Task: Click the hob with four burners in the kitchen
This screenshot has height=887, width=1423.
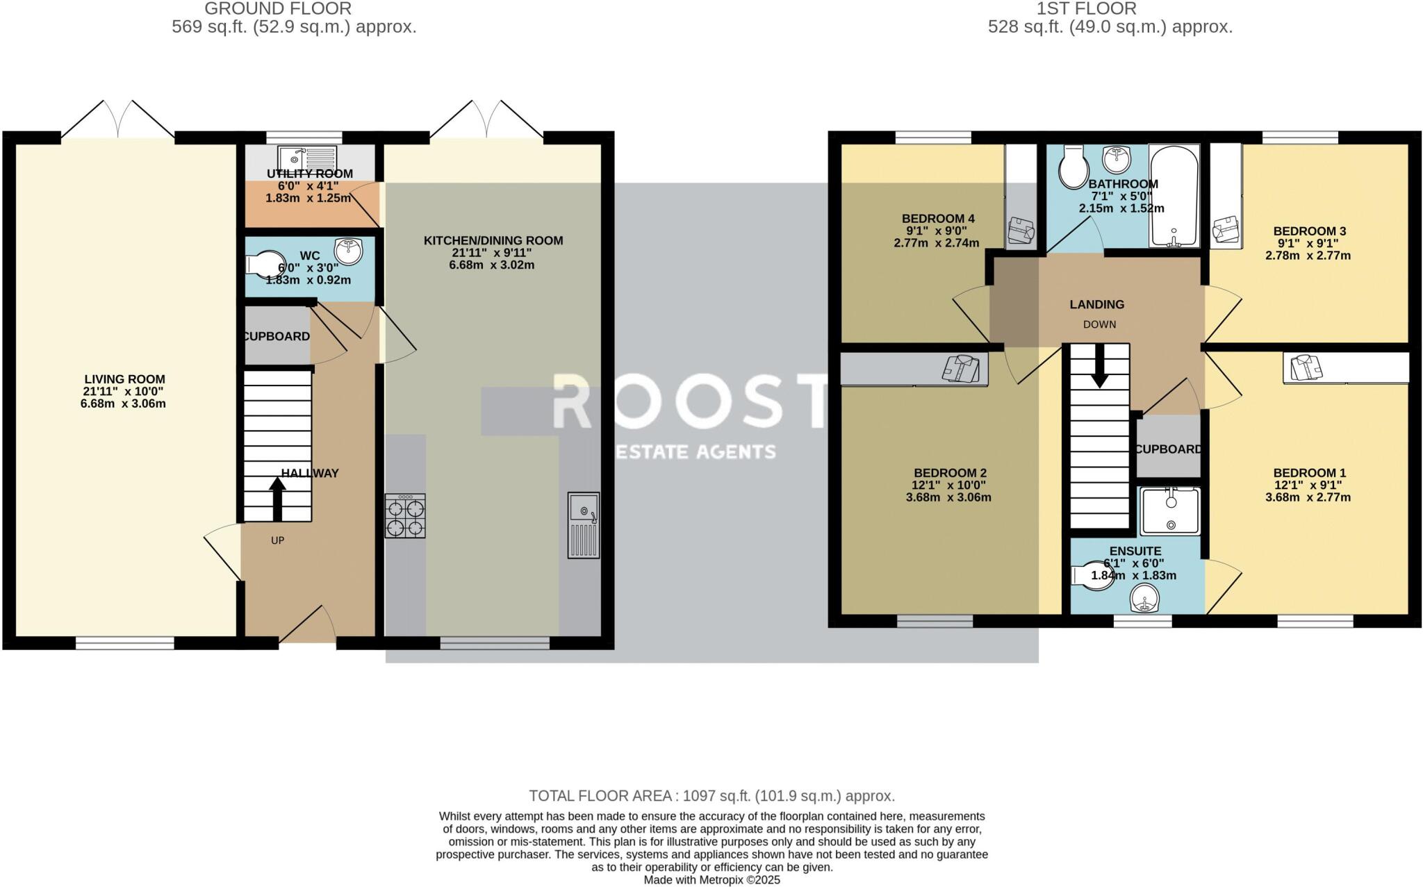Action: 405,516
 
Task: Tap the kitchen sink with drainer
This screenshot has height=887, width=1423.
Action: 583,525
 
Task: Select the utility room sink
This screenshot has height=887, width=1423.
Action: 307,157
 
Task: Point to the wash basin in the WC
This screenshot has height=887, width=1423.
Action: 348,251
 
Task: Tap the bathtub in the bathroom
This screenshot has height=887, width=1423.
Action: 1174,196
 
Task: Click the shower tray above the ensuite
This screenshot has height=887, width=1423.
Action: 1171,511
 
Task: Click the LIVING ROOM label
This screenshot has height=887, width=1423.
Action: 124,379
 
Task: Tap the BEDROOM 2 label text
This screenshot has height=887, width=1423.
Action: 949,473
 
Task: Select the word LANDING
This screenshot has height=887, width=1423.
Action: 1096,304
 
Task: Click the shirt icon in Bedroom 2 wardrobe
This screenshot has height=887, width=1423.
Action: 962,367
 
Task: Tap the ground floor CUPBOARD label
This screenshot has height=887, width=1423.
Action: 277,336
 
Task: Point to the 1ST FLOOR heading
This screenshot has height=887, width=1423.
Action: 1110,9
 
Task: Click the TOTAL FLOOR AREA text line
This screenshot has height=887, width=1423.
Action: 711,796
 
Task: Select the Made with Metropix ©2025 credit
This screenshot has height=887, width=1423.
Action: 711,880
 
